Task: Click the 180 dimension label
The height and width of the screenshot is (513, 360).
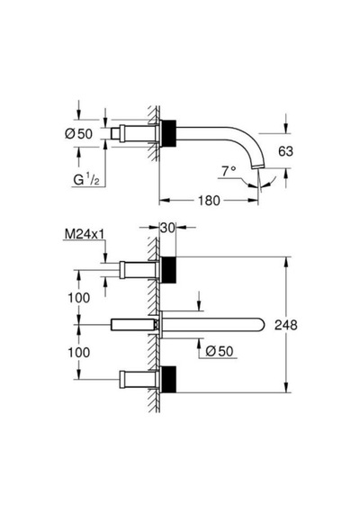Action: [x=209, y=200]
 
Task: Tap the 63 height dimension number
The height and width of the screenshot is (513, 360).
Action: [x=285, y=151]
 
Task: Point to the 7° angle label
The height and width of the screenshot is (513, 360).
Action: [x=229, y=171]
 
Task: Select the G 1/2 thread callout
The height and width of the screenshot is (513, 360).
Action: [x=86, y=180]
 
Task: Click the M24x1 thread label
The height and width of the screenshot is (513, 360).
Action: [x=85, y=234]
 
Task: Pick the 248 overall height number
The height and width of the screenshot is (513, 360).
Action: [x=286, y=325]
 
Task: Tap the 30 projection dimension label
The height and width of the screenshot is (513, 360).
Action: [x=168, y=228]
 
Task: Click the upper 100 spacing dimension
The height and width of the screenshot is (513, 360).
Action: [x=79, y=298]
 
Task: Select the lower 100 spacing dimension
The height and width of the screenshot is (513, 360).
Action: [x=79, y=353]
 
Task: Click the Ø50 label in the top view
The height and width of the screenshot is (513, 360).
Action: [x=79, y=133]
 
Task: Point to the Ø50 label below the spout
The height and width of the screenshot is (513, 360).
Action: [x=220, y=351]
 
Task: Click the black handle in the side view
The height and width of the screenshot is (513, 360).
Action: [x=168, y=133]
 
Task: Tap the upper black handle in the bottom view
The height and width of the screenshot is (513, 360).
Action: [x=168, y=270]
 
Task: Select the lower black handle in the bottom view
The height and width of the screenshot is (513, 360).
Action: [x=168, y=379]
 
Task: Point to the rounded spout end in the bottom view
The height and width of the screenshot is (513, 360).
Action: [x=260, y=325]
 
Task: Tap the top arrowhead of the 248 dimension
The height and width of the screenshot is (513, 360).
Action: [x=286, y=262]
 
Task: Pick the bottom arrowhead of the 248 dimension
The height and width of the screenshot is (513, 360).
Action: [x=286, y=387]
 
